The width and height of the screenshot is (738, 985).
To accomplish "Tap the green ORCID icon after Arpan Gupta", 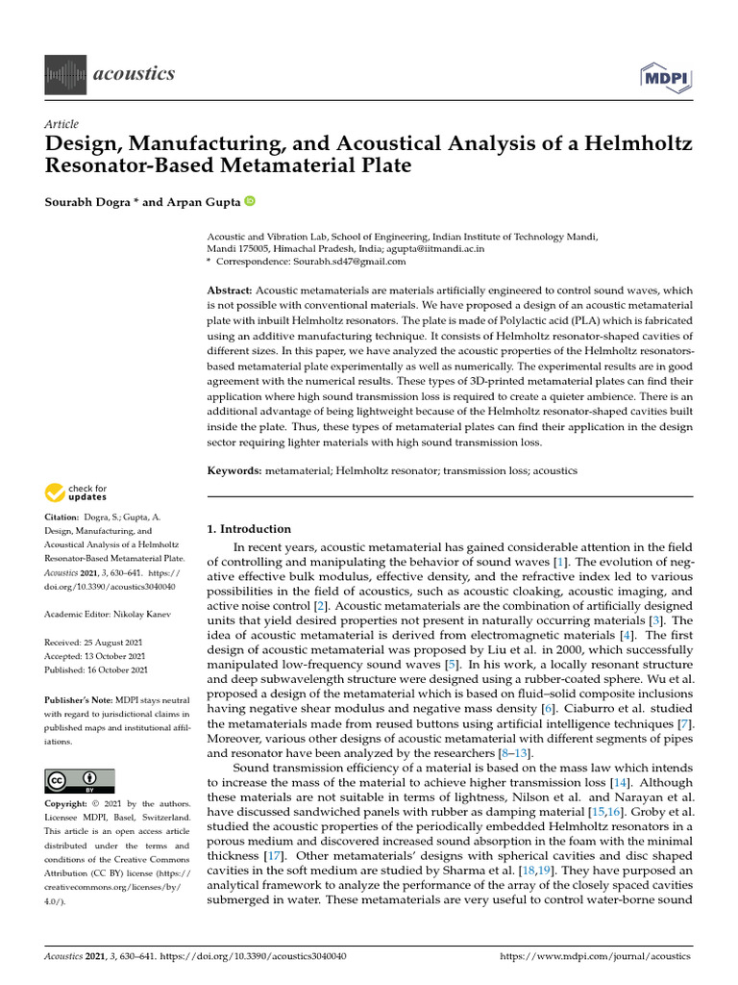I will [250, 201].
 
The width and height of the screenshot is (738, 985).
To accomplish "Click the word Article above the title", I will [61, 124].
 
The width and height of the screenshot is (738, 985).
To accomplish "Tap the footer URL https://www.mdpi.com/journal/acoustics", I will [596, 956].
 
